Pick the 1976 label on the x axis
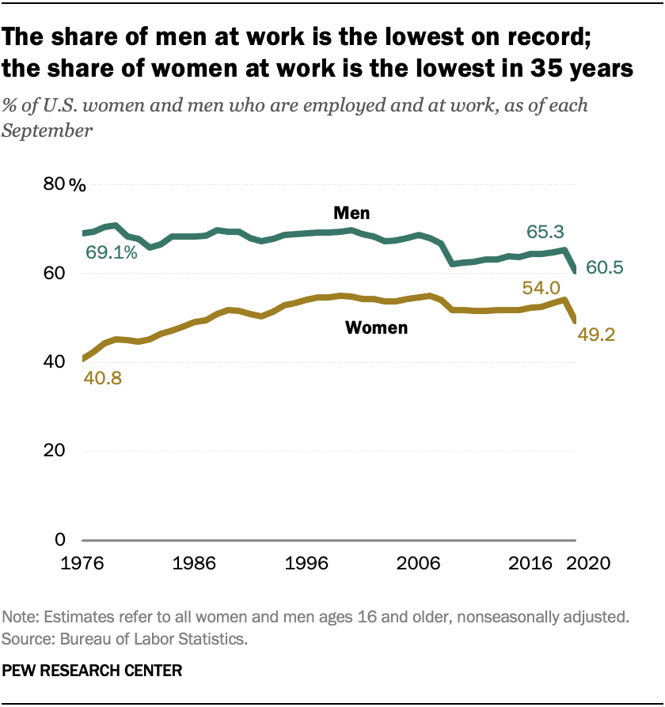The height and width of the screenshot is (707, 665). [83, 564]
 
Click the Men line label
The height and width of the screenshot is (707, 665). [351, 213]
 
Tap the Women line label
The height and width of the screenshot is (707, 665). [376, 327]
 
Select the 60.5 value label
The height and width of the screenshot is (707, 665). [605, 268]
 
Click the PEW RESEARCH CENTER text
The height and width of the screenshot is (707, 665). [93, 671]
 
